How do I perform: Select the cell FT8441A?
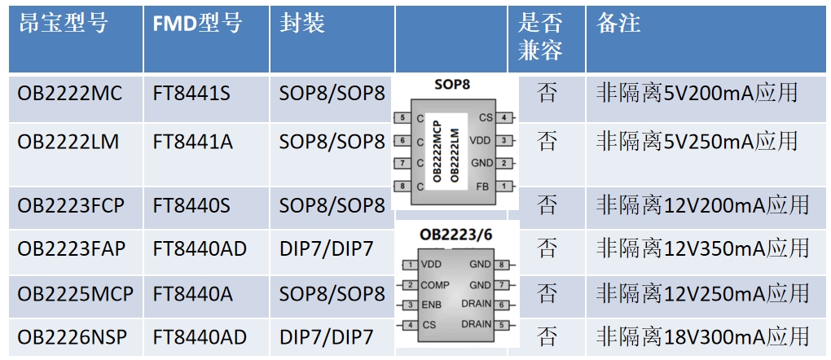coord(192,143)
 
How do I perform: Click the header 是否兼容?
coord(540,37)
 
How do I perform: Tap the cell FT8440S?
coord(191,205)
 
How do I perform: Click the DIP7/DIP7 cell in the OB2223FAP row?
coord(326,248)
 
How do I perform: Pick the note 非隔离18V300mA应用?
coord(702,336)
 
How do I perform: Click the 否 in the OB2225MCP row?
coord(547,292)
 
